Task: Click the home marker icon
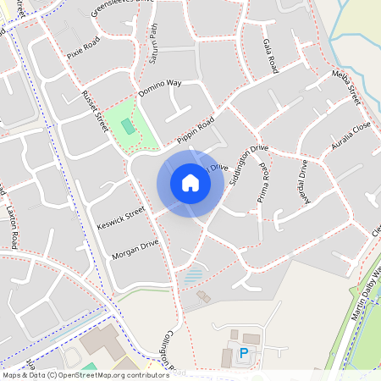tap(190, 183)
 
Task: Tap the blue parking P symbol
tap(245, 354)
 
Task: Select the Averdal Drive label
tap(302, 179)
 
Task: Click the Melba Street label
tap(346, 88)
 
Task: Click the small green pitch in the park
tap(127, 126)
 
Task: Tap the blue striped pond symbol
tap(194, 275)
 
